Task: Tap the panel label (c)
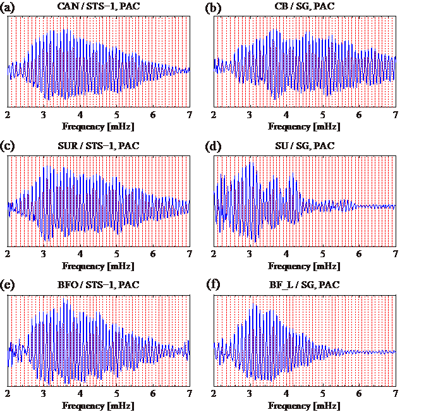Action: pos(9,146)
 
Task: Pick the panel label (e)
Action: pos(9,285)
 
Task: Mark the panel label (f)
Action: pos(215,285)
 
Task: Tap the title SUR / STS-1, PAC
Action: pos(99,146)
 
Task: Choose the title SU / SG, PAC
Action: pos(305,146)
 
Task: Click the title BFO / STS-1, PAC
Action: pos(99,285)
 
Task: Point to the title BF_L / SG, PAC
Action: pos(305,285)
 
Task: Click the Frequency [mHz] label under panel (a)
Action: pos(99,126)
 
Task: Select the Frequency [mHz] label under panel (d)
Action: pos(305,266)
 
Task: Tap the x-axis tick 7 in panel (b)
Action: pos(396,115)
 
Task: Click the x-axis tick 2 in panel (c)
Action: pos(8,254)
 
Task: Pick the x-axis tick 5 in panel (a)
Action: pos(117,115)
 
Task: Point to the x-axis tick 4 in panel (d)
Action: pos(287,254)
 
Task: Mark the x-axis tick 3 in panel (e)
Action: pos(44,393)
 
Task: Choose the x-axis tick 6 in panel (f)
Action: pos(360,393)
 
